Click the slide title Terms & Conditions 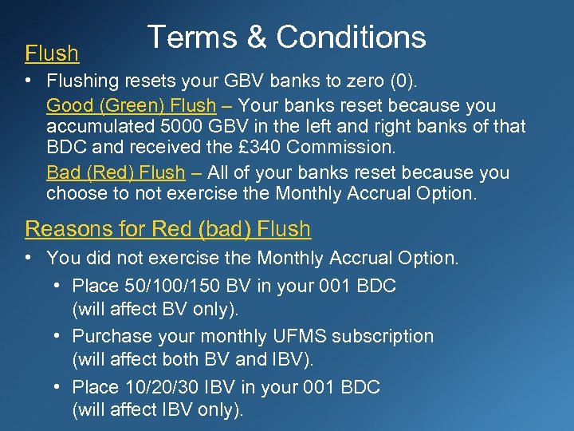[x=286, y=38]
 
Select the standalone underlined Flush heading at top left [x=52, y=54]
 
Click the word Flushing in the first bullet [x=82, y=82]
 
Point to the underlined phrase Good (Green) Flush [x=131, y=105]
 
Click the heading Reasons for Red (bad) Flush [x=167, y=229]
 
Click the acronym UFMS [x=292, y=337]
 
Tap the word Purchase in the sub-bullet [x=108, y=337]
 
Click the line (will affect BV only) [x=155, y=309]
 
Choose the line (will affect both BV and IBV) [x=194, y=359]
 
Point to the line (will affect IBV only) [x=158, y=410]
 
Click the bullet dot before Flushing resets [x=30, y=82]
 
